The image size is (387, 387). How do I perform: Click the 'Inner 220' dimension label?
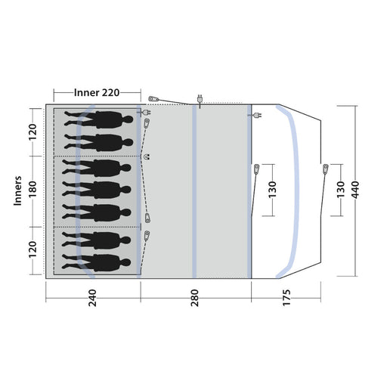(97, 93)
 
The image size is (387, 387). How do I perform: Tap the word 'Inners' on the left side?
(17, 190)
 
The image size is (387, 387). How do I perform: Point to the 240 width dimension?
(92, 298)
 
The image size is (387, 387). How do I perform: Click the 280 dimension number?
(195, 298)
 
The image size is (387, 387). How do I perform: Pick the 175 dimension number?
(286, 298)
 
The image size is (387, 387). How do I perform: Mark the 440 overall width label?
(355, 190)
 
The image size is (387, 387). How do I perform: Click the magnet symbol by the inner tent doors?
(147, 156)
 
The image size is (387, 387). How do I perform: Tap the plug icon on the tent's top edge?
(200, 100)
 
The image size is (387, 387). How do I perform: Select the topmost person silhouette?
(98, 119)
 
